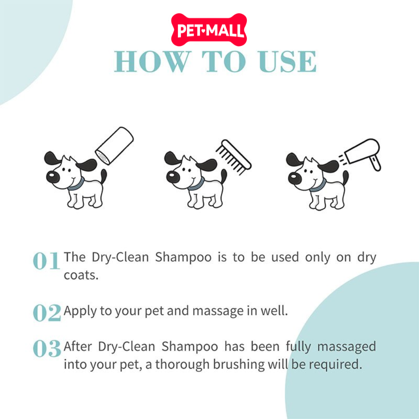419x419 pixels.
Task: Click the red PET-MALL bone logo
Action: (209, 29)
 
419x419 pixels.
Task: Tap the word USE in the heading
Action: (287, 62)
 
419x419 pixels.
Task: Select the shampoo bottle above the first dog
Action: (115, 146)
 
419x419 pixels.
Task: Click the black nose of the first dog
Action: (53, 177)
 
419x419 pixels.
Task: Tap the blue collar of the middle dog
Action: (197, 185)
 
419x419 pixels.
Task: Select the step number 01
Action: (46, 261)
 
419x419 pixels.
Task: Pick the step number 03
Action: (47, 348)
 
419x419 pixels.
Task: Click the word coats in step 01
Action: (81, 275)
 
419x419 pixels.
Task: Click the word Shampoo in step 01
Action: (183, 258)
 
